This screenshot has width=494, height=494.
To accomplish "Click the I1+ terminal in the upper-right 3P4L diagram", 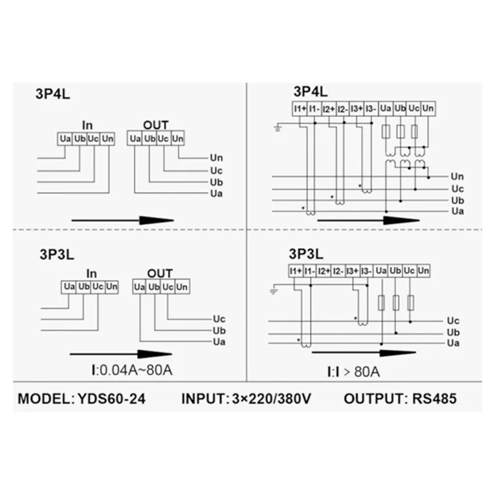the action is (x=299, y=109).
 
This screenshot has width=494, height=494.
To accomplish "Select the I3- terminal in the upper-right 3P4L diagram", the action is (x=371, y=109).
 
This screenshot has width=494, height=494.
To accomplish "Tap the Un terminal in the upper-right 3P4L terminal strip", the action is (x=428, y=109).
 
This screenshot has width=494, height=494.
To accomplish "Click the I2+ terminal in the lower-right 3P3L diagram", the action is (x=323, y=270).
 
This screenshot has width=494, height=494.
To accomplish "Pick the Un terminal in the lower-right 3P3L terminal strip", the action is (x=423, y=270).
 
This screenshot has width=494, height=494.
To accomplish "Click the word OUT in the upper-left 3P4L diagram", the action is (x=155, y=125).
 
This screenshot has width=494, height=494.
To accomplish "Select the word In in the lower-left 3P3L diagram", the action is (x=91, y=273).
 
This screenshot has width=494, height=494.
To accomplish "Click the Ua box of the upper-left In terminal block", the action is (x=65, y=138).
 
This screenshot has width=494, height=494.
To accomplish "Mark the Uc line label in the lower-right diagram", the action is (x=453, y=320).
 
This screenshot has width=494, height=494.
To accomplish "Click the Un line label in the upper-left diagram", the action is (x=216, y=158).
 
